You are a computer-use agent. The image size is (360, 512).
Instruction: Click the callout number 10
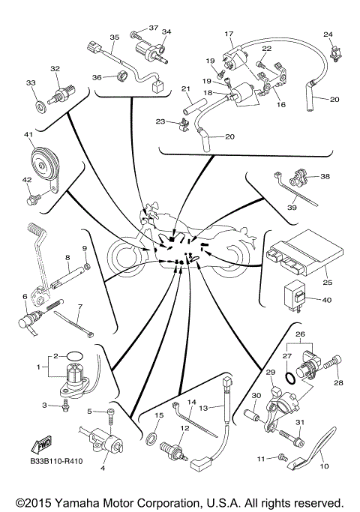(x=325, y=466)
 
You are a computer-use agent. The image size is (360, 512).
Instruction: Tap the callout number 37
(x=154, y=28)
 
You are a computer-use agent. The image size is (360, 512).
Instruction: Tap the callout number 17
(x=229, y=34)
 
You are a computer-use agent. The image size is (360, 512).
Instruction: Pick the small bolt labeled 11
(x=283, y=457)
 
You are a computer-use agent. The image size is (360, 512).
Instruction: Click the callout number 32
(x=55, y=68)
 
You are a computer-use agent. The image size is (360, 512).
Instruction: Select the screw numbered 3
(x=67, y=406)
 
